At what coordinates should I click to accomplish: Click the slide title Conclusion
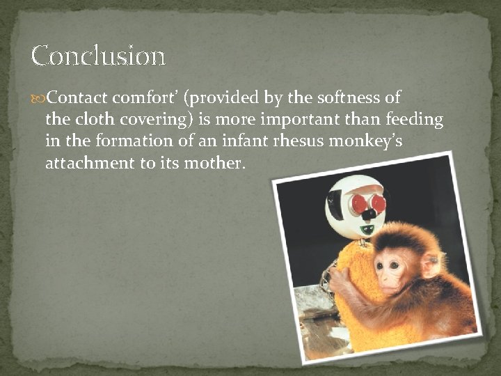pyautogui.click(x=98, y=56)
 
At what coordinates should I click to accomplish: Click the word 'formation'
pyautogui.click(x=130, y=141)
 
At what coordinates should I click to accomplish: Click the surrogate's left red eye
pyautogui.click(x=359, y=203)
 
